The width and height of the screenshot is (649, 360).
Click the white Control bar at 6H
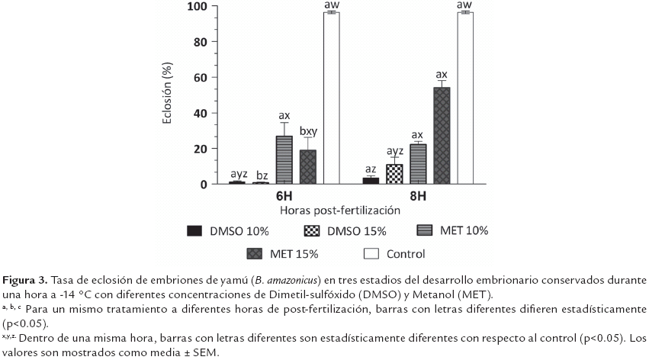(x=332, y=98)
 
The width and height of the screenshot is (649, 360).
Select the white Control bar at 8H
(x=464, y=98)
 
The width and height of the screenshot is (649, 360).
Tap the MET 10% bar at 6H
(x=284, y=160)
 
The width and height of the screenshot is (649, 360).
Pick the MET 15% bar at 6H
(x=307, y=167)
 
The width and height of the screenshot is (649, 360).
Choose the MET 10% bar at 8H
(x=418, y=164)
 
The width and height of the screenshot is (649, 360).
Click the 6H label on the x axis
(x=284, y=195)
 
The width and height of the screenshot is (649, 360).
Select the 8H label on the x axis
(x=418, y=195)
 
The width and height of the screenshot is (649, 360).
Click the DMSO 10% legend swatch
(x=195, y=231)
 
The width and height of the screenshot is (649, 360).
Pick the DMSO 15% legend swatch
(x=313, y=231)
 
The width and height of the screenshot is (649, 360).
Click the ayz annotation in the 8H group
(x=395, y=152)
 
